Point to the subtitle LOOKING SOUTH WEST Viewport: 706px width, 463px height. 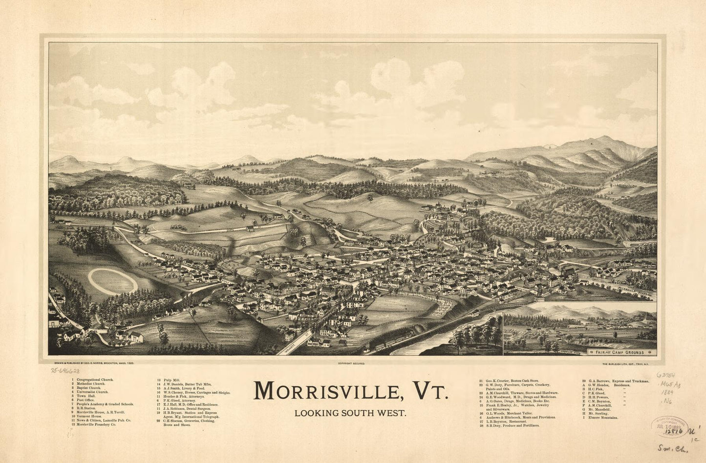(350, 413)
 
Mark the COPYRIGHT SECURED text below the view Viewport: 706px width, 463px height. (351, 363)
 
